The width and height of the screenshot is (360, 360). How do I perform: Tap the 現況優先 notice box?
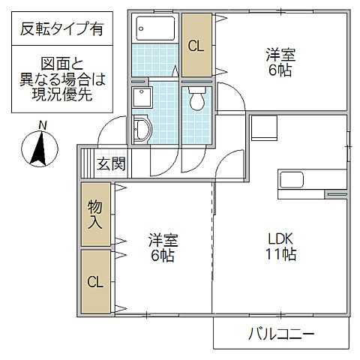pyautogui.click(x=62, y=78)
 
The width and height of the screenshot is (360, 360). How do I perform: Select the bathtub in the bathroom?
pyautogui.click(x=156, y=32)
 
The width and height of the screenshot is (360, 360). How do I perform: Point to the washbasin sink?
pyautogui.click(x=141, y=130)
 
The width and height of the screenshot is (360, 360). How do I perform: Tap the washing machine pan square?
pyautogui.click(x=141, y=97)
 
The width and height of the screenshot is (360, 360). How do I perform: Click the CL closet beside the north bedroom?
pyautogui.click(x=196, y=45)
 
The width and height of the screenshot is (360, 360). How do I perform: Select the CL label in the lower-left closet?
pyautogui.click(x=95, y=282)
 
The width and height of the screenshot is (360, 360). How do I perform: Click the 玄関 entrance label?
pyautogui.click(x=110, y=163)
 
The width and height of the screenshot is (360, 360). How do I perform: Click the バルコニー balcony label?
pyautogui.click(x=281, y=333)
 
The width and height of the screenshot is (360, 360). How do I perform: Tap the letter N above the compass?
pyautogui.click(x=43, y=125)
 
